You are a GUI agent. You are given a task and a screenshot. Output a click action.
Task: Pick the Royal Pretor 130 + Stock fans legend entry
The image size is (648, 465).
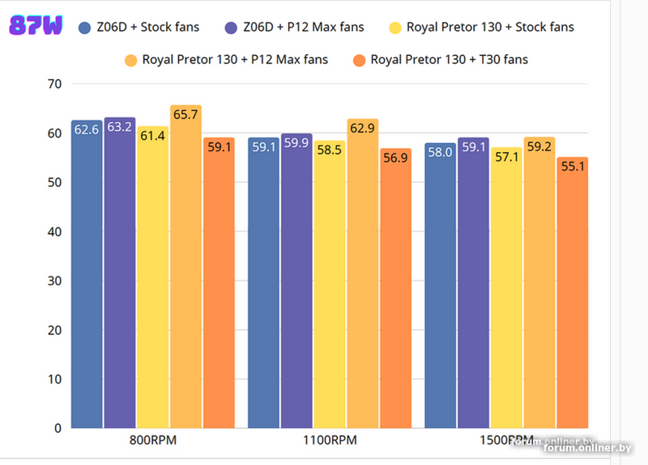pos(480,27)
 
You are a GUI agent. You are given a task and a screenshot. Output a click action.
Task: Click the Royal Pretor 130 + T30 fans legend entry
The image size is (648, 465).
pos(441,59)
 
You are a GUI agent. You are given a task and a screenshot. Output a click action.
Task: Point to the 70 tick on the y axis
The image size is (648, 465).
pos(54,84)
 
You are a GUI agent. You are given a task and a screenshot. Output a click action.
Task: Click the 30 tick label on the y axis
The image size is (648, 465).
pos(54,281)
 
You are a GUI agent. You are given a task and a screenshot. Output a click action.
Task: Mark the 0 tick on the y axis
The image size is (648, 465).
pos(58,428)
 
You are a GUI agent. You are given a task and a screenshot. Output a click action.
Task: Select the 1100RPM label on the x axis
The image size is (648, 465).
pos(329,442)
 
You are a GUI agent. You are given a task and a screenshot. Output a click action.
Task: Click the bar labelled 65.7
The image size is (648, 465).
pos(185,267)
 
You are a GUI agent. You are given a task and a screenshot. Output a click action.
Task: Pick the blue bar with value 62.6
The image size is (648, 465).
pos(87,275)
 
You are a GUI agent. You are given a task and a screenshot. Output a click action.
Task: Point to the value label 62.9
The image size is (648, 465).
pos(362,127)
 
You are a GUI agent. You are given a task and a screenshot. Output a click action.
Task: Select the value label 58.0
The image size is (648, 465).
pos(441,151)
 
